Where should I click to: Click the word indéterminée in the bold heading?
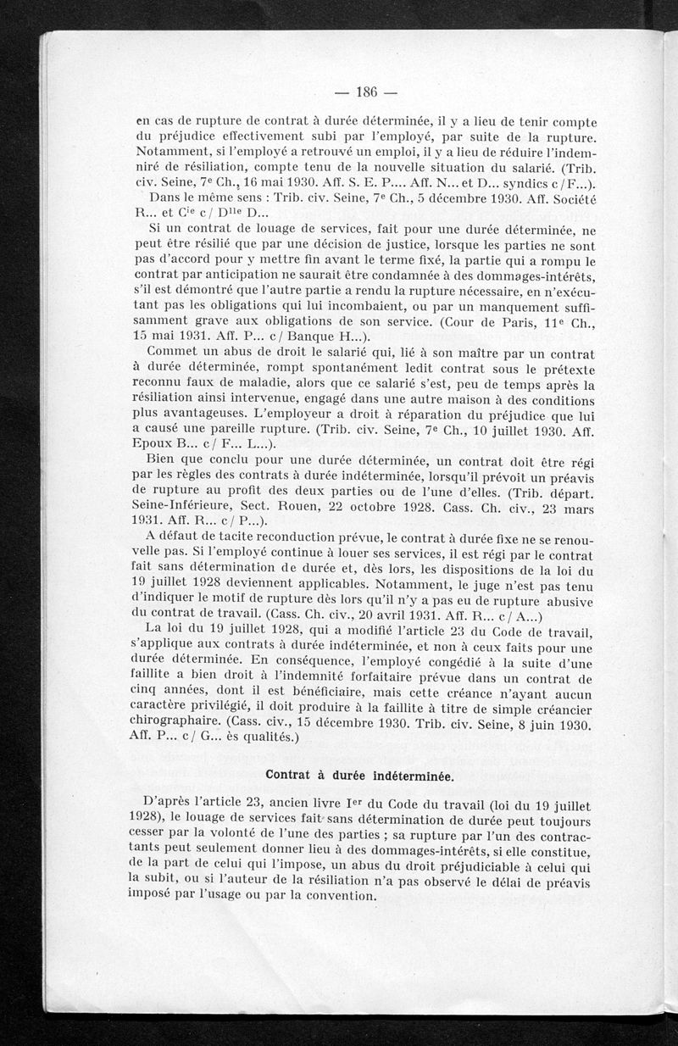(410, 775)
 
